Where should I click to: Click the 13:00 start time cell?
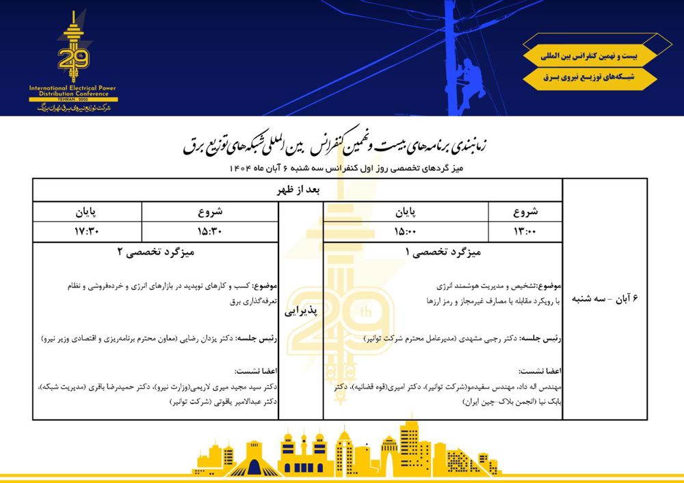point(525,231)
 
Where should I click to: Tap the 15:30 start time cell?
point(211,231)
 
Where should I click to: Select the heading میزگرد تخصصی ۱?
point(443,252)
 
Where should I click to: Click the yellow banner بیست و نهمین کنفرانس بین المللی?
point(590,53)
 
